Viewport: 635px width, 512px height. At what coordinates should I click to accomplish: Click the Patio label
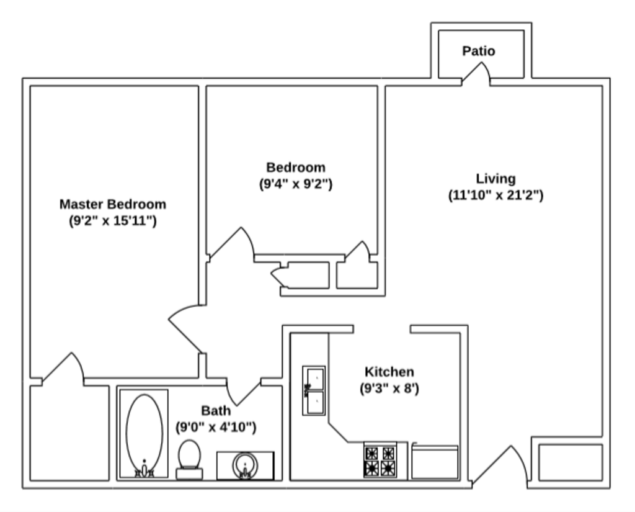pos(479,51)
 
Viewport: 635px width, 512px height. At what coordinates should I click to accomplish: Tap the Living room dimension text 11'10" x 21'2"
pos(495,195)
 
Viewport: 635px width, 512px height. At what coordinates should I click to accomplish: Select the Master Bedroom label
pos(113,204)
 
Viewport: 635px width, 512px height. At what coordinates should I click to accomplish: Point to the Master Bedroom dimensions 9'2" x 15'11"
pos(113,220)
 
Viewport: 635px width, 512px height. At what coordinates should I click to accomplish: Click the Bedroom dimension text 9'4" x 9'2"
pos(296,184)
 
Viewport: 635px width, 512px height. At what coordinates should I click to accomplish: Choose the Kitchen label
pos(389,372)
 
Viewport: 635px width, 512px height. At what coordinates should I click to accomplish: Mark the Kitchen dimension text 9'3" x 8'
pos(389,389)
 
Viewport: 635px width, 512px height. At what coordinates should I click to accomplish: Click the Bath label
pos(216,411)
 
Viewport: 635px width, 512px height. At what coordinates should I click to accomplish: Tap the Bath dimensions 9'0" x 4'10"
pos(216,427)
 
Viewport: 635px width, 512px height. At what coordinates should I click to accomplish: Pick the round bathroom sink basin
pos(245,464)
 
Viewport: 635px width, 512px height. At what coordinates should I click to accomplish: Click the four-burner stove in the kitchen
pos(380,460)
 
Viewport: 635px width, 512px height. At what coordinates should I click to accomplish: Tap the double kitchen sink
pos(313,390)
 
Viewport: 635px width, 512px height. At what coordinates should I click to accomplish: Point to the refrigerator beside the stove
pos(435,462)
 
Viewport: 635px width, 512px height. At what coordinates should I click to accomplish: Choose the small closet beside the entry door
pos(570,462)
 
